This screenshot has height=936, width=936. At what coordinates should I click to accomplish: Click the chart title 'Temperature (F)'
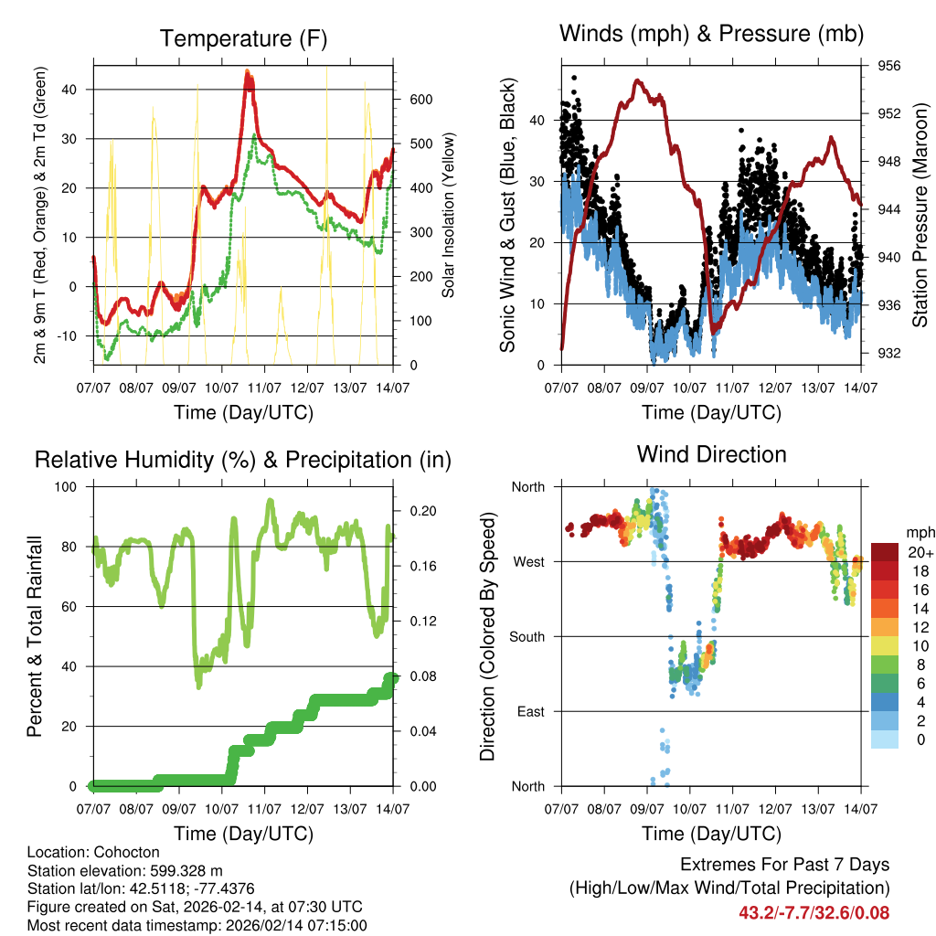click(x=243, y=38)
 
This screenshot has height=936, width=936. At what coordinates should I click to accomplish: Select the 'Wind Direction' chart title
click(x=711, y=454)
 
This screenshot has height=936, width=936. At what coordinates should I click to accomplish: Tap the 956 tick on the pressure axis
click(x=889, y=66)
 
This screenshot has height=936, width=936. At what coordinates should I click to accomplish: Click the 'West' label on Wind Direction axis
click(x=528, y=562)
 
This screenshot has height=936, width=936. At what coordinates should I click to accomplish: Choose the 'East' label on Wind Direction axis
click(x=529, y=712)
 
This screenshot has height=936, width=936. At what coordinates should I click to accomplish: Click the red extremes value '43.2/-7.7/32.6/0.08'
click(x=814, y=912)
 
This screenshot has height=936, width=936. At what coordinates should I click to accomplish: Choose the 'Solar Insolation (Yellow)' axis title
click(x=449, y=216)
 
